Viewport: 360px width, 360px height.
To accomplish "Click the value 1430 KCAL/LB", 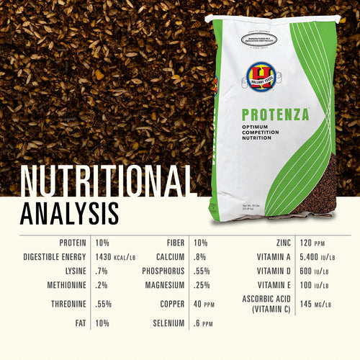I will [x=117, y=257].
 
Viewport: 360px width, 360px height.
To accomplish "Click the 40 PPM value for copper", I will [x=205, y=304].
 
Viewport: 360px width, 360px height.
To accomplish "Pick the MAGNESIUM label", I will [x=161, y=285].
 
